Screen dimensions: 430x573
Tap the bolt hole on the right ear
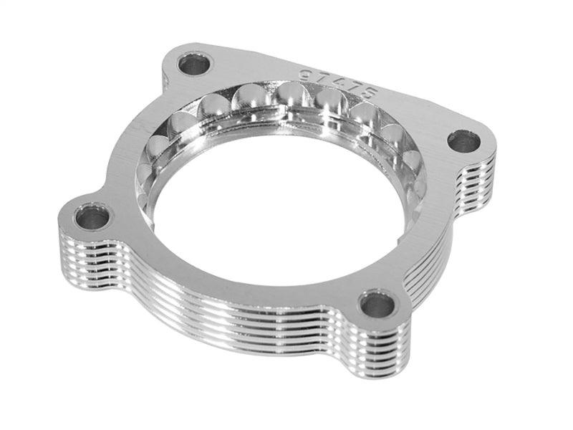[x=464, y=141]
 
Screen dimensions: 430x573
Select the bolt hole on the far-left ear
[x=92, y=216]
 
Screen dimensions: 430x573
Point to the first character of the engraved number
[x=305, y=72]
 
